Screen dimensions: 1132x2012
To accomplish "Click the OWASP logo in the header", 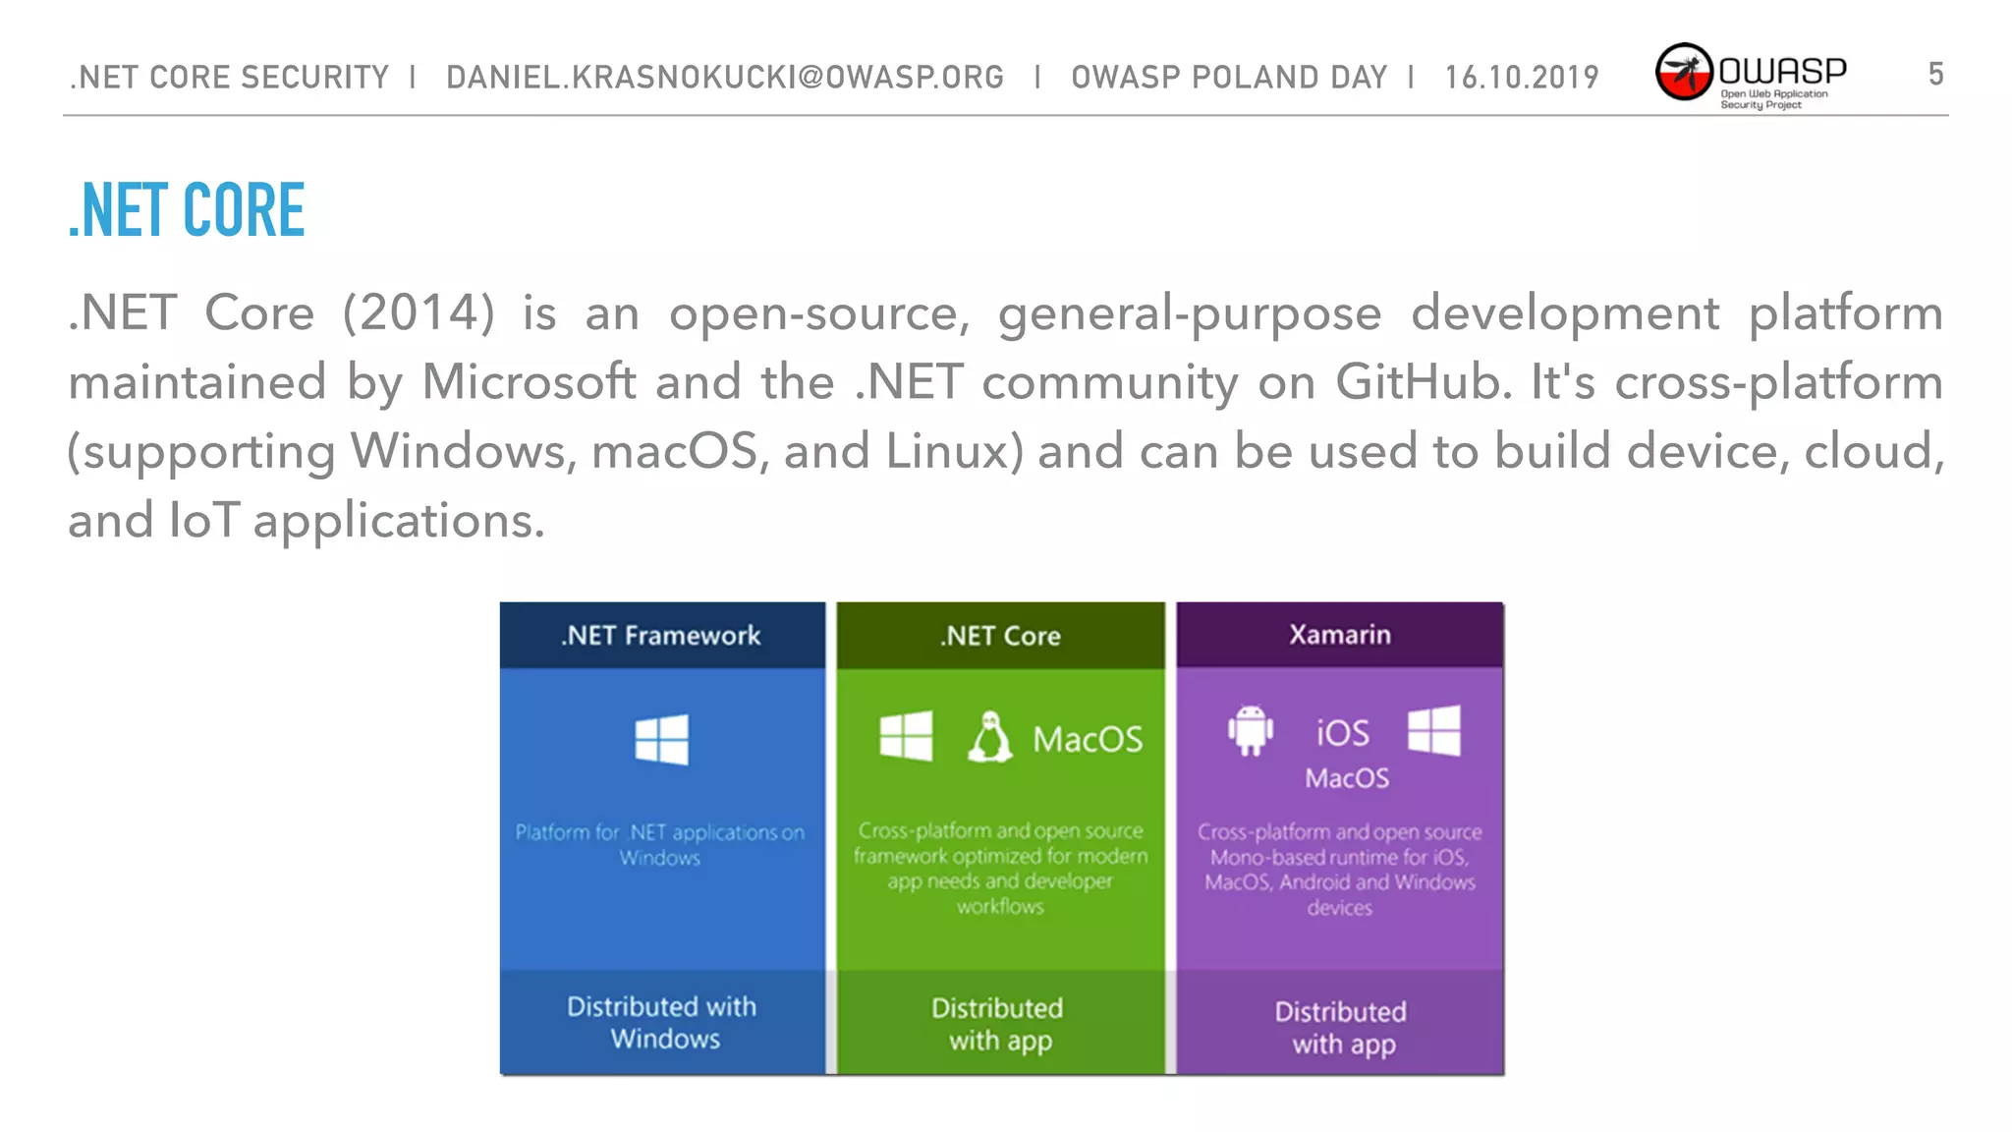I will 1750,75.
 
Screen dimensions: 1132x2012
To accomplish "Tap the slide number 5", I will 1935,75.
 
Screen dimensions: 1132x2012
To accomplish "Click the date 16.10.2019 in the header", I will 1521,78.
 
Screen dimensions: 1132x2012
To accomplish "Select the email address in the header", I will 725,78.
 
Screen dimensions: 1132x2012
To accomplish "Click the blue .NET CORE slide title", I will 187,210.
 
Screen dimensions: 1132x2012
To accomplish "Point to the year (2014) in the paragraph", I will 419,313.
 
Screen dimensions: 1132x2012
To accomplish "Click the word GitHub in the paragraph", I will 1423,382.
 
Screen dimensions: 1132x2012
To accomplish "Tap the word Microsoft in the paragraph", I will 529,382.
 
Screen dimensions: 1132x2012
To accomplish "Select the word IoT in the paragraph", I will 203,520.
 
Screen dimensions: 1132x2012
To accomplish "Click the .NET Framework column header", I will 661,636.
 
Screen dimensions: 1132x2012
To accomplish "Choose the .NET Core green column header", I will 1000,636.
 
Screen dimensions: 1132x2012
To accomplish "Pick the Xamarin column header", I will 1340,635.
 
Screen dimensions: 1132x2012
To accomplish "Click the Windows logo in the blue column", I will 661,739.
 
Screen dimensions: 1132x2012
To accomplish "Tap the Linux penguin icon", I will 989,737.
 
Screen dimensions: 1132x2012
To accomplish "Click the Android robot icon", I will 1250,731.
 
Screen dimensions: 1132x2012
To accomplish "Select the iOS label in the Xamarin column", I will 1342,733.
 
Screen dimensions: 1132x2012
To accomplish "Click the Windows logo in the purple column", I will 1433,731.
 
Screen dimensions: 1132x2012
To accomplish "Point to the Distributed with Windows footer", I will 662,1022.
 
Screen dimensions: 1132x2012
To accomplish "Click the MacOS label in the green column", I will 1088,739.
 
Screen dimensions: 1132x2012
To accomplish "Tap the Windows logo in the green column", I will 906,737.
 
